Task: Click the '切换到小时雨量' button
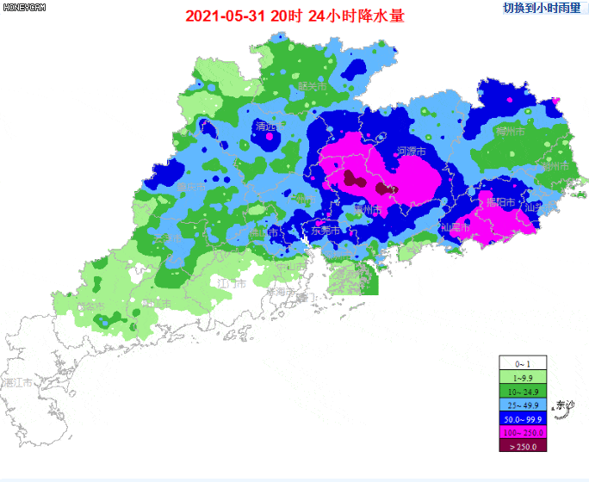(542, 8)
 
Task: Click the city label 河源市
(412, 151)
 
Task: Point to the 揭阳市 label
(500, 203)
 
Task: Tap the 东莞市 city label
(325, 231)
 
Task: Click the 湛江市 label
(17, 382)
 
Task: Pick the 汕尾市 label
(454, 228)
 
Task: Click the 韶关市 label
(312, 87)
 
